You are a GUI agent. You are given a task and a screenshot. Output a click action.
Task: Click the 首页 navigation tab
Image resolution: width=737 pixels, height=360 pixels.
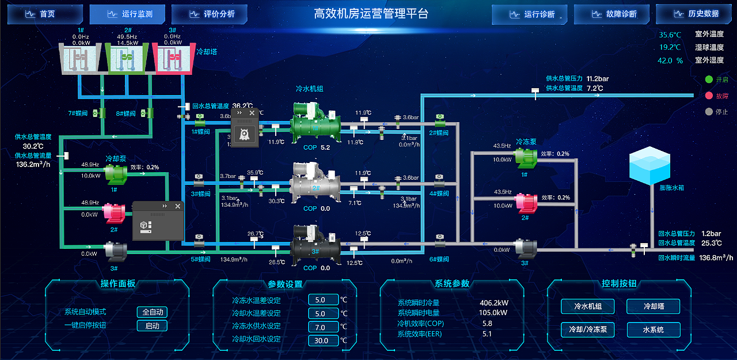tap(45, 14)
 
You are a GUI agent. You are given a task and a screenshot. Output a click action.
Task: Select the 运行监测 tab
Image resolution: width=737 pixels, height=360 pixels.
tap(127, 14)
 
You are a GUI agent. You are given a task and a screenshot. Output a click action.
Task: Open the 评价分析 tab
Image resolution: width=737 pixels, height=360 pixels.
tap(210, 14)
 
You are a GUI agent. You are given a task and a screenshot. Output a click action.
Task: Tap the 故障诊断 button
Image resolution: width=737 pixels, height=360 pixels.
tap(611, 14)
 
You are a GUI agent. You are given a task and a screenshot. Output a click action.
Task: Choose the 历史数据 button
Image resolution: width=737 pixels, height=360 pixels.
tap(694, 14)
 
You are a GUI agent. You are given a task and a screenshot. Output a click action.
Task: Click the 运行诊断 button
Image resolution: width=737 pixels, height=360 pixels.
tap(530, 14)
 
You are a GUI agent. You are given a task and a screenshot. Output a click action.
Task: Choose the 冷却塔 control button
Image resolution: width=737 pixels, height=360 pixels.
tap(653, 306)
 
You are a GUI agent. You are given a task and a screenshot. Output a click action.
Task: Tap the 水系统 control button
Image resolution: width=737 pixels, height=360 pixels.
tap(653, 330)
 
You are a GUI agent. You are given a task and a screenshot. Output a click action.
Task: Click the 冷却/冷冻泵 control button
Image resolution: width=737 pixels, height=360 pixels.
tap(587, 330)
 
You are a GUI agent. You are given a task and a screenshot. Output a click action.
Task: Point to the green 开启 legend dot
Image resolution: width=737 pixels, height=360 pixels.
tap(709, 79)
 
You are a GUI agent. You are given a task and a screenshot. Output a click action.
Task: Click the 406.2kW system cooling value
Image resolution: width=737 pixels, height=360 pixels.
tap(493, 303)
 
